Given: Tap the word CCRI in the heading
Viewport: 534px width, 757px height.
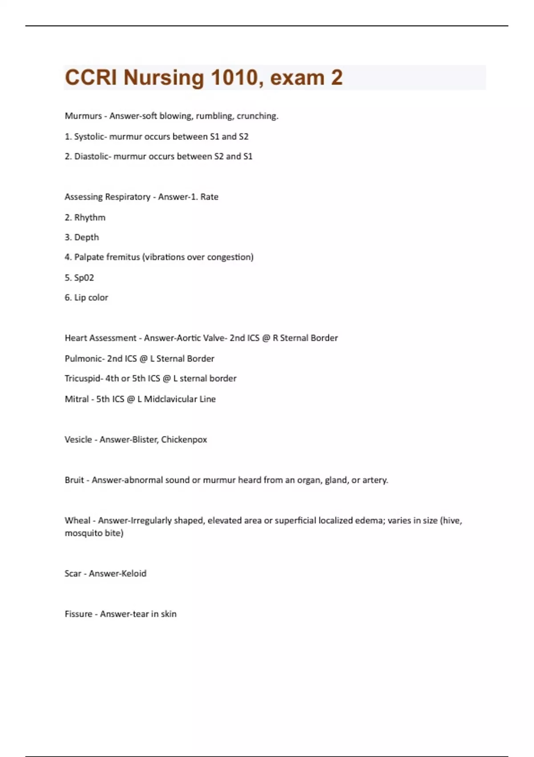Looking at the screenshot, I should click(91, 77).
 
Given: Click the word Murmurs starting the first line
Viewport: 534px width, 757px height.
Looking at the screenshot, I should click(83, 116).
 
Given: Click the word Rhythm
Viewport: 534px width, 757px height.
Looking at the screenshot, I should click(90, 218).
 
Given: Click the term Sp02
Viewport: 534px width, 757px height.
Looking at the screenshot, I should click(84, 278).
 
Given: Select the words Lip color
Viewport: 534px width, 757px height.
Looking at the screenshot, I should click(91, 297).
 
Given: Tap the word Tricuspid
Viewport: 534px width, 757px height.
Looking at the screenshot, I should click(83, 378).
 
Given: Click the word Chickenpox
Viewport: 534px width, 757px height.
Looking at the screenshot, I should click(184, 440).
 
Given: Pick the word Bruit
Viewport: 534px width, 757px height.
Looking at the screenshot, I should click(74, 480).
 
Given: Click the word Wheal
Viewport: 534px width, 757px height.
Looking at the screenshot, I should click(77, 521).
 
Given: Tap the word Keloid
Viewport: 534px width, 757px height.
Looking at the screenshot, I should click(131, 574).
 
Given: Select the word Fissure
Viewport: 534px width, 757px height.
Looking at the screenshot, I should click(78, 614).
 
